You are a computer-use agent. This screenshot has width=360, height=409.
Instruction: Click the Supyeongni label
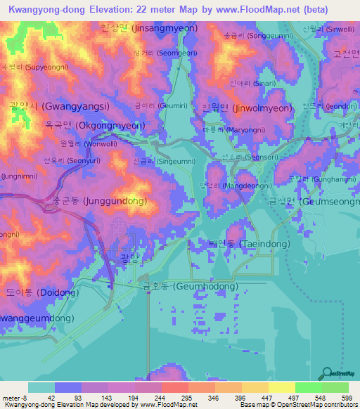(x=34, y=67)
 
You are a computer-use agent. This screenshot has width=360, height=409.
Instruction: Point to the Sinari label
(x=262, y=82)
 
